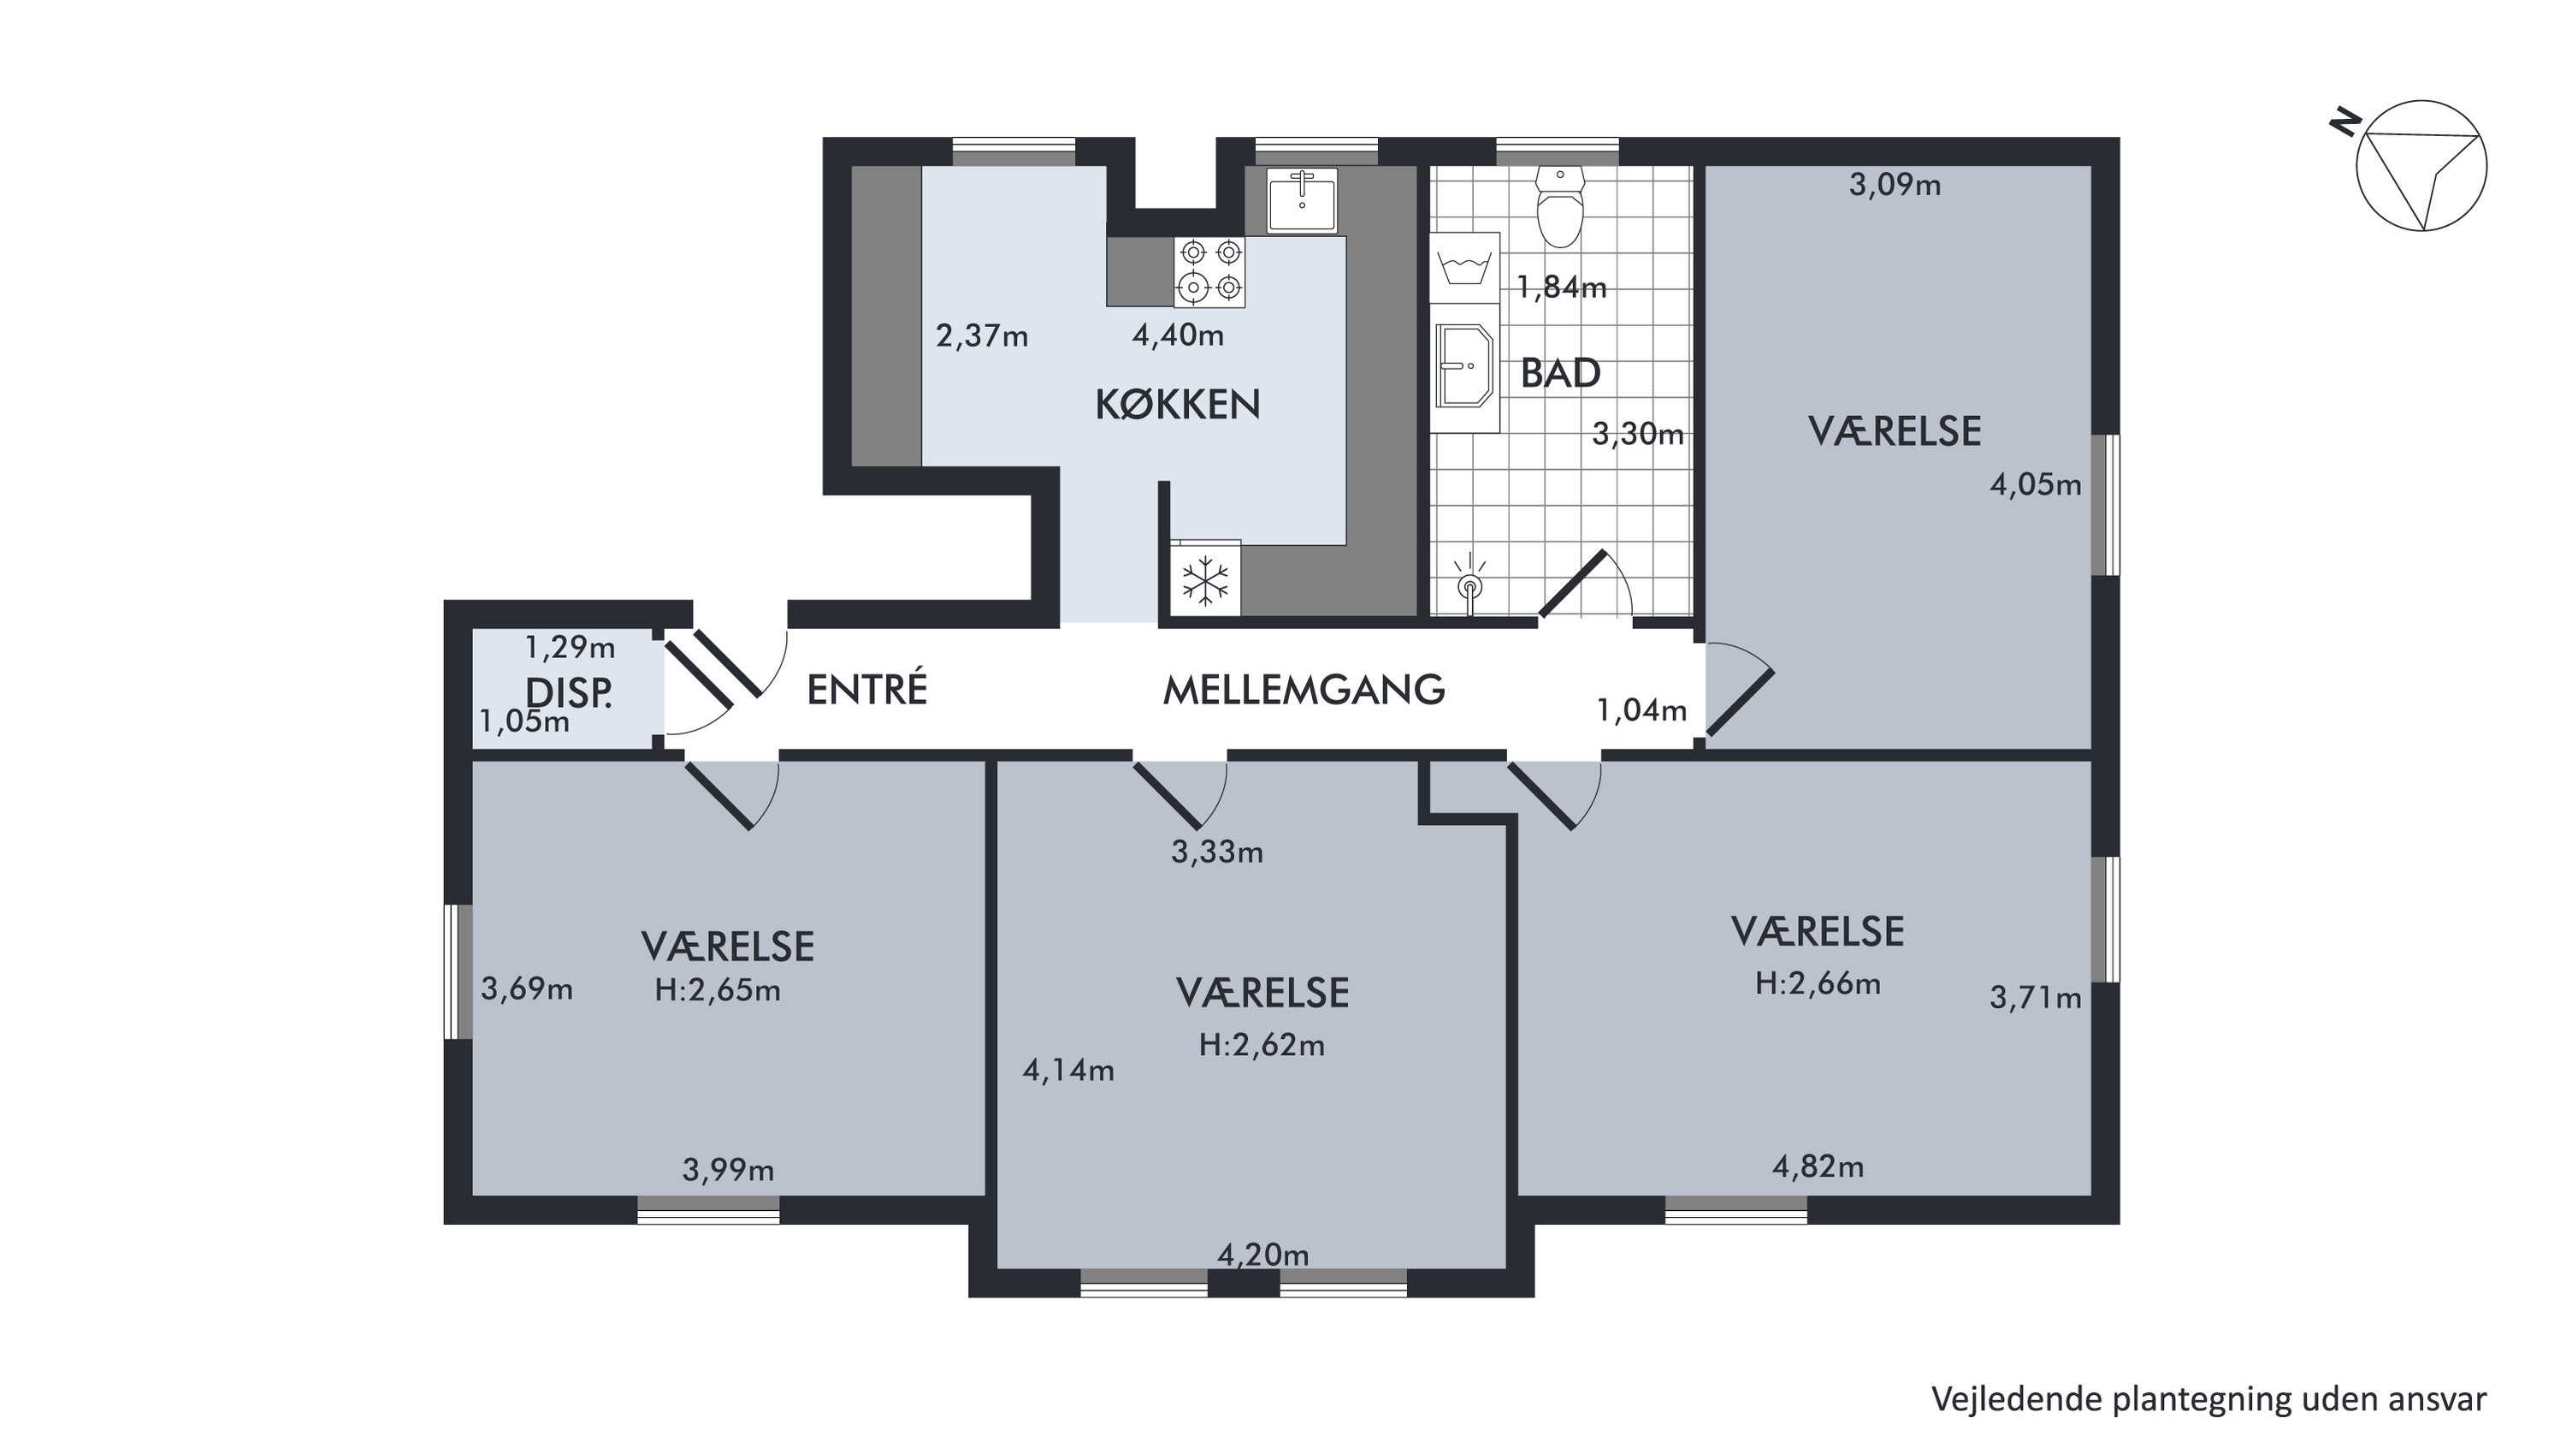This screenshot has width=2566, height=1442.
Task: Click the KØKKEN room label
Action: (1178, 405)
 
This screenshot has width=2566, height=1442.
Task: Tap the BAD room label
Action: (1560, 374)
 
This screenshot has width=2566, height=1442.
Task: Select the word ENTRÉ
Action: (866, 689)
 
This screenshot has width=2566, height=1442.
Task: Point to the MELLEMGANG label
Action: (1304, 690)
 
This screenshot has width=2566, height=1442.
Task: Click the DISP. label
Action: (569, 693)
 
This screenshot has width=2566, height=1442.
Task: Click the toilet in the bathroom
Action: (1560, 206)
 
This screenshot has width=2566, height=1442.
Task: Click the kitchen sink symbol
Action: (1302, 200)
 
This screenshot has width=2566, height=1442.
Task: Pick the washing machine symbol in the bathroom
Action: (1465, 268)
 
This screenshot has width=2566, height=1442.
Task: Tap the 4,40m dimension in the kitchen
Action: (1178, 335)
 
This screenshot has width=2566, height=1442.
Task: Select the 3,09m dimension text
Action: (1895, 186)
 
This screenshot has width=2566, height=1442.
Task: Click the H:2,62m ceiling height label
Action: (1261, 1046)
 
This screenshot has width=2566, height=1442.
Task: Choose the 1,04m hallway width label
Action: (1641, 710)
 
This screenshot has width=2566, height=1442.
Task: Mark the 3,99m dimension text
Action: (728, 1170)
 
